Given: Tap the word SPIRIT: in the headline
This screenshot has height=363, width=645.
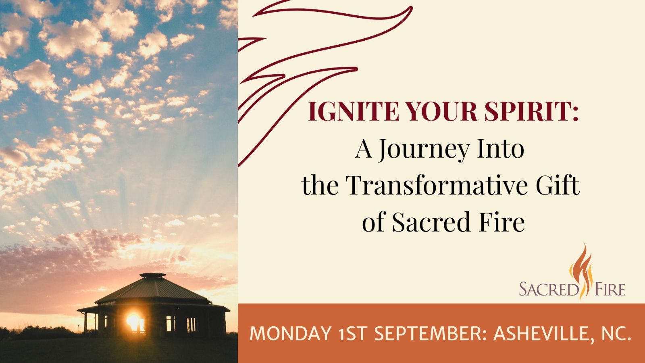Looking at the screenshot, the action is click(x=532, y=111).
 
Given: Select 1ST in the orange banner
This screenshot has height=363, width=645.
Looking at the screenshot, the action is click(x=354, y=334).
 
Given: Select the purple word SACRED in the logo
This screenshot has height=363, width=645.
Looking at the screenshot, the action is click(x=549, y=289).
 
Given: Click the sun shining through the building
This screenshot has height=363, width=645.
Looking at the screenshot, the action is click(x=133, y=321).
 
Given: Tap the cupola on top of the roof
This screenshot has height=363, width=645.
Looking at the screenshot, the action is click(x=152, y=275).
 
